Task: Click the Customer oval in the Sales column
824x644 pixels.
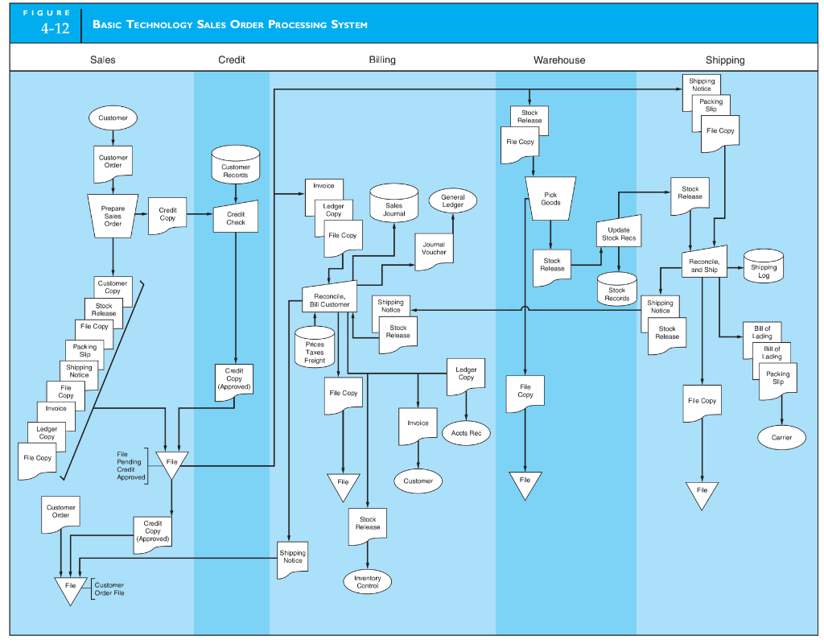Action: [x=113, y=118]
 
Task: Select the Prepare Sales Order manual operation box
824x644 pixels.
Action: [x=113, y=215]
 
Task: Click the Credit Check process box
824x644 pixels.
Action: [x=236, y=217]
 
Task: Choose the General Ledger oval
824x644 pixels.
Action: [x=452, y=201]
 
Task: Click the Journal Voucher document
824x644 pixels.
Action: [x=434, y=250]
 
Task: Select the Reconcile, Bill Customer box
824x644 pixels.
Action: [x=329, y=299]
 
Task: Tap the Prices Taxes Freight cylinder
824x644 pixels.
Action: [x=315, y=348]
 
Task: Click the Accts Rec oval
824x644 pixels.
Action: [x=466, y=432]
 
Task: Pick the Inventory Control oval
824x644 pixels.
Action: [x=367, y=582]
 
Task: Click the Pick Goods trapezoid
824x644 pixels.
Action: [x=550, y=198]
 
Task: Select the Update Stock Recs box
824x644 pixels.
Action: [x=618, y=233]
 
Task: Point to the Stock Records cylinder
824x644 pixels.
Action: [x=616, y=291]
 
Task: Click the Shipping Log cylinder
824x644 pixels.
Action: [x=763, y=268]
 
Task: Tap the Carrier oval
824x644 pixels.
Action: [x=781, y=437]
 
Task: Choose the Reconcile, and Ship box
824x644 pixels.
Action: [x=704, y=264]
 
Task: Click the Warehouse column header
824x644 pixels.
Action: [x=559, y=60]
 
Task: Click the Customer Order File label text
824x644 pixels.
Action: [x=109, y=588]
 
